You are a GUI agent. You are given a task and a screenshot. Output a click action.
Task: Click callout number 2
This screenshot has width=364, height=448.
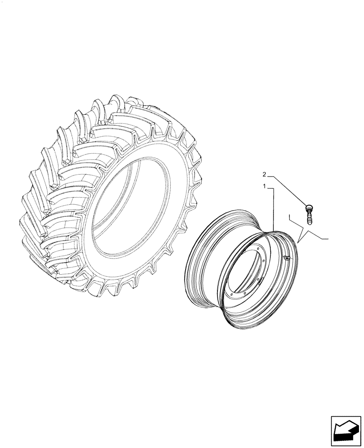(x=264, y=174)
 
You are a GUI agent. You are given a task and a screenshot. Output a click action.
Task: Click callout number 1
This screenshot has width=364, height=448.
(x=265, y=185)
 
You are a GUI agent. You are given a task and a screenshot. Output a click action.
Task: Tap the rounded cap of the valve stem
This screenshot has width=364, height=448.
(x=308, y=207)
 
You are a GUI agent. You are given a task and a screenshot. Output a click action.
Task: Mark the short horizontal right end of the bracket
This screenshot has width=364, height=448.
(x=325, y=239)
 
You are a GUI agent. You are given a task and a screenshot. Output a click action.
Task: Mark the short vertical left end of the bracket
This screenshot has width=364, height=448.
(x=290, y=218)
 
